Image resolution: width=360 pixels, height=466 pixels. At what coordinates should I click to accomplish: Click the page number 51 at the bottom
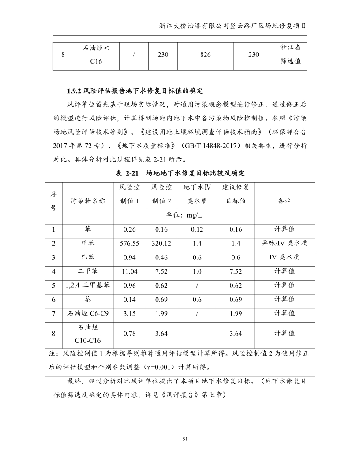[x=185, y=439]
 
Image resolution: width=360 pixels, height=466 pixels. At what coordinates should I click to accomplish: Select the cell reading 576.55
[x=129, y=243]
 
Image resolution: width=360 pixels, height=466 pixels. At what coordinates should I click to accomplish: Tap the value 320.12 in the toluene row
[x=161, y=243]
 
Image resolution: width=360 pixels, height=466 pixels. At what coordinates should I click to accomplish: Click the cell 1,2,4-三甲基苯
[x=87, y=285]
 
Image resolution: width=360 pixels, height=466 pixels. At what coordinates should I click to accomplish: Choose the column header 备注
[x=284, y=201]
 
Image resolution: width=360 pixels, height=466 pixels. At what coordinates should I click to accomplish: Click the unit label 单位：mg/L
[x=184, y=216]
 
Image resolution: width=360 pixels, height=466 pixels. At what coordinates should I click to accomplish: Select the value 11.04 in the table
[x=129, y=271]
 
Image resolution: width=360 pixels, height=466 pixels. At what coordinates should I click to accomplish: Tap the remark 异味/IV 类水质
[x=284, y=243]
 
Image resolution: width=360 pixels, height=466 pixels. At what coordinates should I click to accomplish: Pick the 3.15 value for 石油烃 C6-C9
[x=129, y=313]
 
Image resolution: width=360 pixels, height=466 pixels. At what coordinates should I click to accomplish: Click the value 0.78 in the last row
[x=129, y=334]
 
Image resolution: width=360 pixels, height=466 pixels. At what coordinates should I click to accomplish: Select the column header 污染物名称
[x=87, y=201]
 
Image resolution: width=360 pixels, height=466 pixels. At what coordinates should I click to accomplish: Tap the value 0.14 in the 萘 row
[x=129, y=299]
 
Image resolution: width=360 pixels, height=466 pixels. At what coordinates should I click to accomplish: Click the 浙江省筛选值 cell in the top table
[x=290, y=55]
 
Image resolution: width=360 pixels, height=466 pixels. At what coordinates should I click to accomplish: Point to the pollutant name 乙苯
[x=87, y=257]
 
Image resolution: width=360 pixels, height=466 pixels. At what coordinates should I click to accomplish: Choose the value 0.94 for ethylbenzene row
[x=129, y=257]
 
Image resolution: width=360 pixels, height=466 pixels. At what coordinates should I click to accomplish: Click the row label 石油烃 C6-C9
[x=87, y=313]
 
